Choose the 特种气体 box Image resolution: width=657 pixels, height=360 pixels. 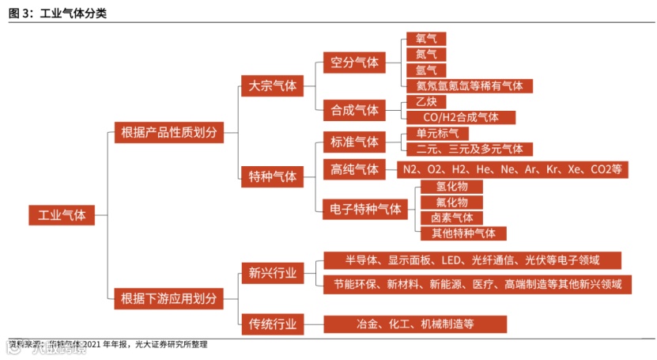(x=272, y=176)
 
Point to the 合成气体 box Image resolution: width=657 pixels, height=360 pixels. (x=355, y=109)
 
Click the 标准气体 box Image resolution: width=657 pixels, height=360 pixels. (x=355, y=142)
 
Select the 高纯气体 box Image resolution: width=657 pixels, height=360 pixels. (x=355, y=169)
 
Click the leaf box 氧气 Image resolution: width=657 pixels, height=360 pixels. (x=425, y=39)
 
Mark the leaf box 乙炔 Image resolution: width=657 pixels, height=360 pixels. (x=425, y=102)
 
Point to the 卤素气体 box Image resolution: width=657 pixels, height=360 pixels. (x=451, y=218)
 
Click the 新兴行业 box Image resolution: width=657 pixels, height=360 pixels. (x=272, y=274)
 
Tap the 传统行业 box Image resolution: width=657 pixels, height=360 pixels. (x=272, y=324)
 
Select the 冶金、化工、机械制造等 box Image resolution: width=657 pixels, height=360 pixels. (x=414, y=324)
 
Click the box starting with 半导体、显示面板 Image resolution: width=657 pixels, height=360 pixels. (x=472, y=260)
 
